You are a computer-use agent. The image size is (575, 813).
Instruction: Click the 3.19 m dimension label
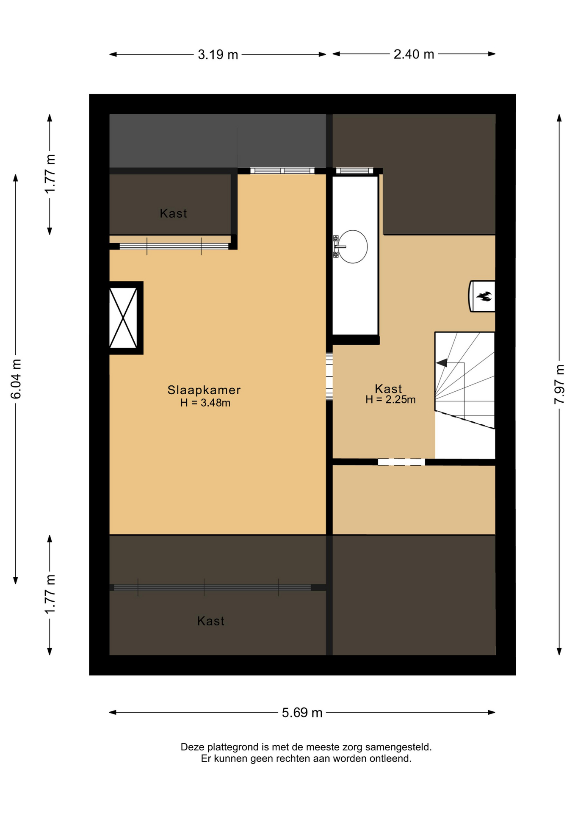pyautogui.click(x=218, y=55)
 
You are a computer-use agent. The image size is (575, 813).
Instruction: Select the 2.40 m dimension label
pyautogui.click(x=414, y=54)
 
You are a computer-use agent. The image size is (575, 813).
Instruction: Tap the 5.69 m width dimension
pyautogui.click(x=302, y=713)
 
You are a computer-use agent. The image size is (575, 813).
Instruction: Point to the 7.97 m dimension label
pyautogui.click(x=559, y=384)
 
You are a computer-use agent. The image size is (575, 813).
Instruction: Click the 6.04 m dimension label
pyautogui.click(x=16, y=379)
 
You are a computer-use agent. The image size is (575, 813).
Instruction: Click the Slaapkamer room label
pyautogui.click(x=204, y=390)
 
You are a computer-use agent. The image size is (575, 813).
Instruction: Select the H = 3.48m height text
pyautogui.click(x=205, y=403)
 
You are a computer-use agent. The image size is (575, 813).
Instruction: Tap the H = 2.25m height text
pyautogui.click(x=390, y=399)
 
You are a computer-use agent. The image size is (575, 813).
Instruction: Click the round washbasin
pyautogui.click(x=353, y=247)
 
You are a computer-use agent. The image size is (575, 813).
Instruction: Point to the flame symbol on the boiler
pyautogui.click(x=484, y=296)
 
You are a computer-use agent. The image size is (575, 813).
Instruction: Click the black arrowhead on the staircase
pyautogui.click(x=442, y=363)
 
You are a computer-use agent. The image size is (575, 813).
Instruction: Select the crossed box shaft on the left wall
pyautogui.click(x=123, y=318)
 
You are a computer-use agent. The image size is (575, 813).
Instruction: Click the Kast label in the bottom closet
pyautogui.click(x=211, y=621)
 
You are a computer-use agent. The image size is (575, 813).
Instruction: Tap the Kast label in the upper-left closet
pyautogui.click(x=174, y=213)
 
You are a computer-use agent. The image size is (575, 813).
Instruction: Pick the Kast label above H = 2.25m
pyautogui.click(x=388, y=389)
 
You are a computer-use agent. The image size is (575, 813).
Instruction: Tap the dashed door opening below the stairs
pyautogui.click(x=401, y=462)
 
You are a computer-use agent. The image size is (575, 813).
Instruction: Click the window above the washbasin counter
pyautogui.click(x=354, y=171)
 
